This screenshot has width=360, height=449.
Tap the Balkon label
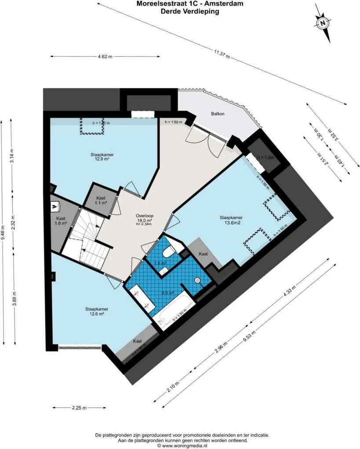pyautogui.click(x=218, y=114)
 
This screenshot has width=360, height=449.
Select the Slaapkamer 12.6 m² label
pyautogui.click(x=97, y=311)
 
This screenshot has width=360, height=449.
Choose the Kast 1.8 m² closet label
pyautogui.click(x=61, y=221)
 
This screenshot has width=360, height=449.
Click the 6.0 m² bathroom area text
pyautogui.click(x=169, y=293)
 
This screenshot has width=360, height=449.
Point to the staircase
pyautogui.click(x=88, y=237)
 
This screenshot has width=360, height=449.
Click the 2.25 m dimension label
pyautogui.click(x=79, y=407)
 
